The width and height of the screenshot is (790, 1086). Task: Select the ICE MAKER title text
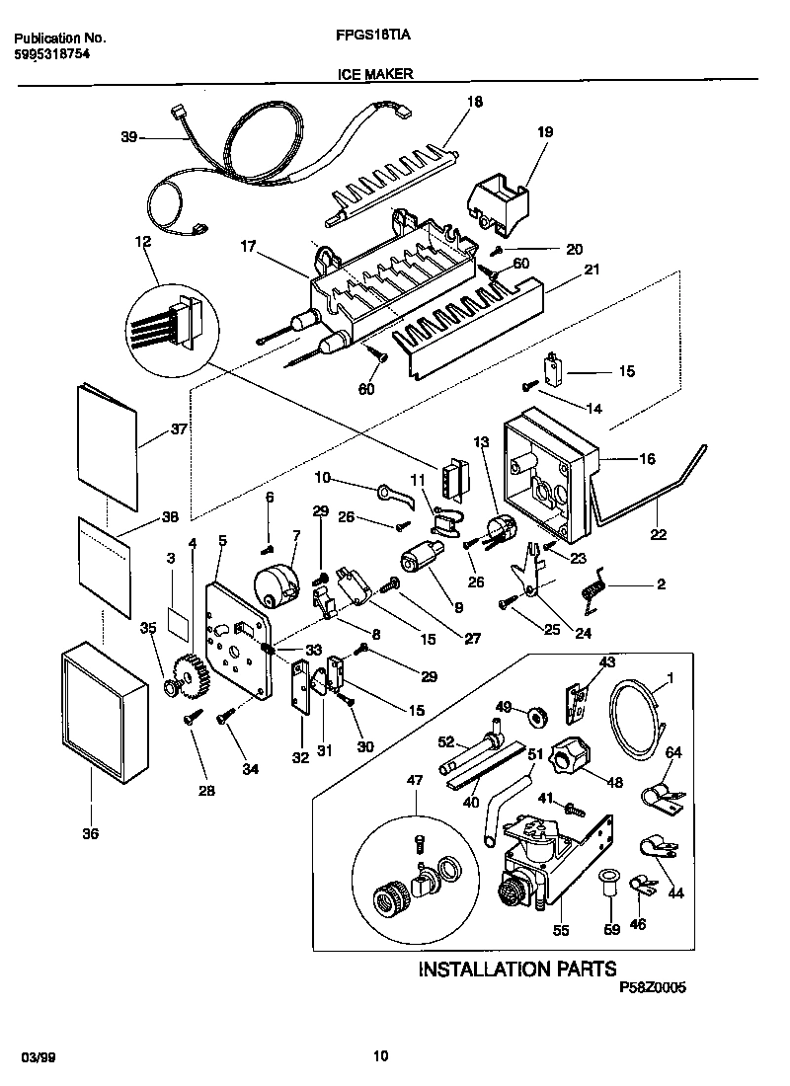click(375, 73)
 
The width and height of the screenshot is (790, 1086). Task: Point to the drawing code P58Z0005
click(652, 986)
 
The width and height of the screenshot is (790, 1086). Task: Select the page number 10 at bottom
click(380, 1057)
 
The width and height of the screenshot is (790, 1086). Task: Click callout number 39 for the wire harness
click(129, 138)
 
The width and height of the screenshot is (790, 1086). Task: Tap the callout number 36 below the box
click(90, 834)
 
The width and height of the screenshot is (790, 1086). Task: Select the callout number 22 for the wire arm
click(658, 535)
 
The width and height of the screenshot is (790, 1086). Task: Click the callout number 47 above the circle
click(415, 780)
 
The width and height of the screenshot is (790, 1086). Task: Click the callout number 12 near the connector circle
click(144, 240)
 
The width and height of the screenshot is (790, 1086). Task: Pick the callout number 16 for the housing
click(648, 458)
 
